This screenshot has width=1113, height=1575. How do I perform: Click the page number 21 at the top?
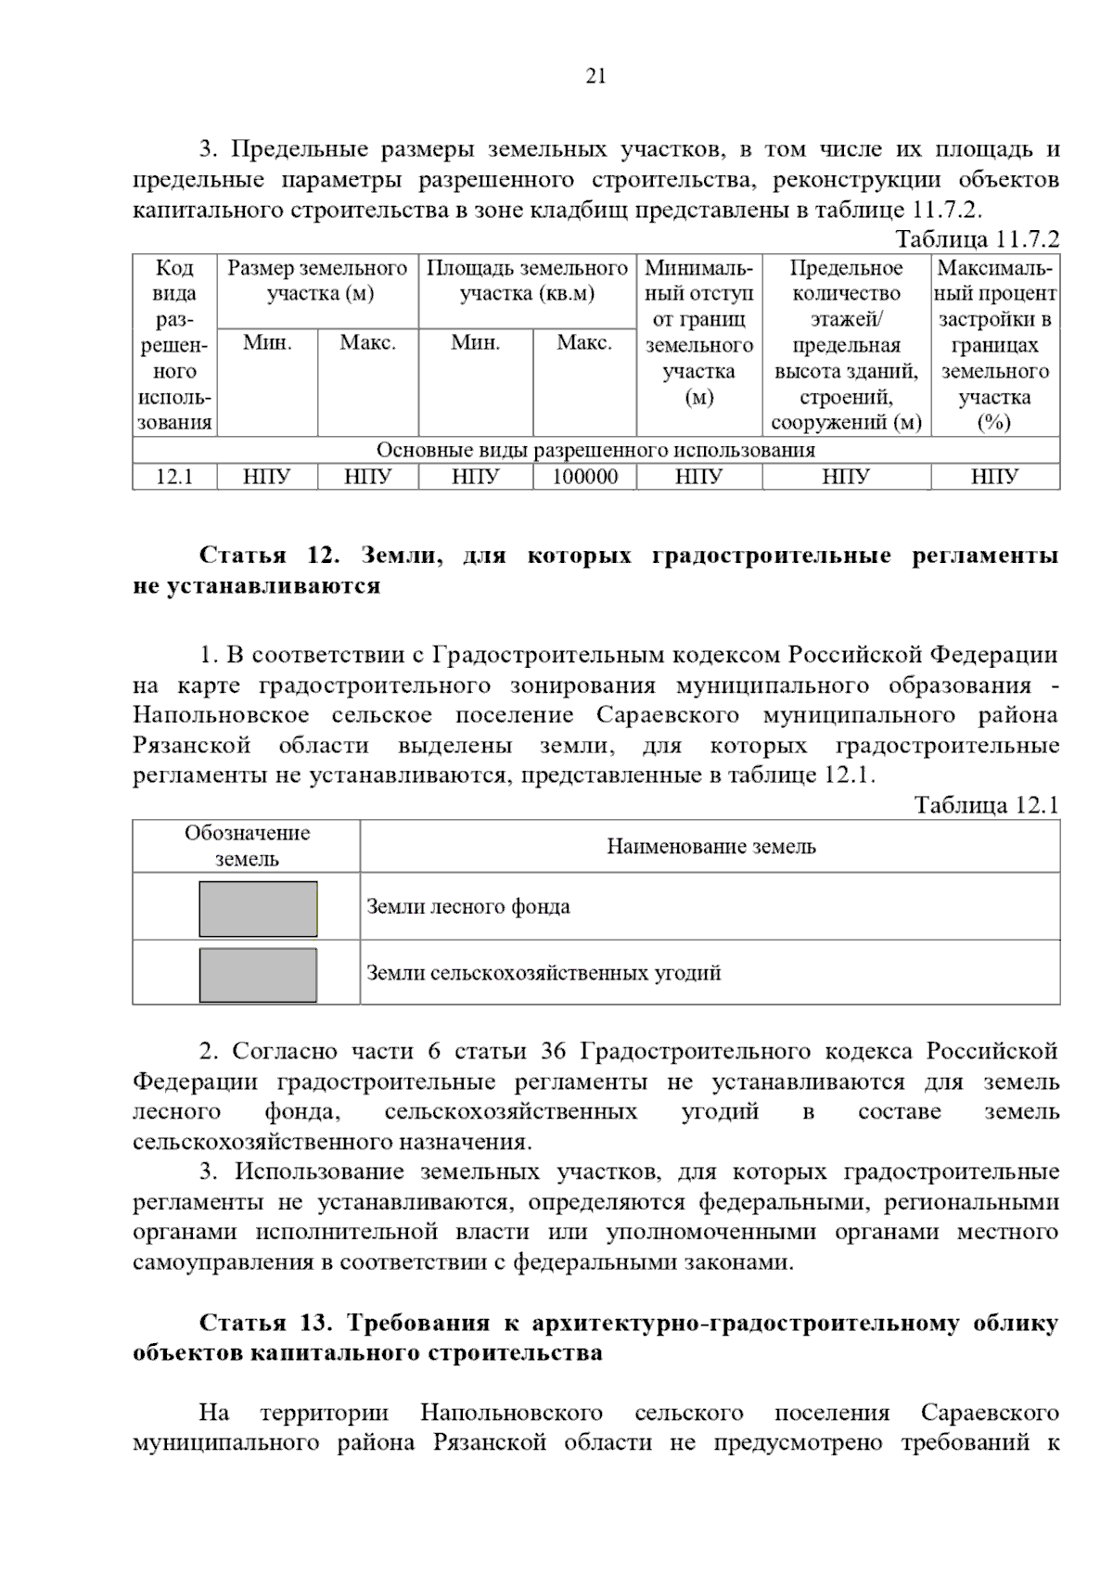coord(595,77)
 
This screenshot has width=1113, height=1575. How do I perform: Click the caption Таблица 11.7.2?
coord(976,239)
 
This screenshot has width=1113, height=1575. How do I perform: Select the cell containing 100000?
coord(584,478)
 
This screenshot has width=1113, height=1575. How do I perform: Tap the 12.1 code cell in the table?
coord(174,478)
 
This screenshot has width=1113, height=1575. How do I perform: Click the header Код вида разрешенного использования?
coord(174,345)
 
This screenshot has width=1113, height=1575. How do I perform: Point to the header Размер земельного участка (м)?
coord(317,281)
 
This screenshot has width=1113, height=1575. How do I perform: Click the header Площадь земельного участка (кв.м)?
coord(527,281)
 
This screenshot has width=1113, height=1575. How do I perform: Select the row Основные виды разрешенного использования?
coord(595,451)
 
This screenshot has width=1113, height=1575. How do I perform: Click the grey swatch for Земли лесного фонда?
coord(258,909)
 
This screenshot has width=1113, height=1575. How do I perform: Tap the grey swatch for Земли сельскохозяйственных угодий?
coord(258,975)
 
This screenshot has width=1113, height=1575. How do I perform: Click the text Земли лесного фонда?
coord(468,907)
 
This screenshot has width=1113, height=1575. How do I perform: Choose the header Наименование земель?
coord(710,847)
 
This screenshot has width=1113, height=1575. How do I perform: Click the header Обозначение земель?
coord(247,846)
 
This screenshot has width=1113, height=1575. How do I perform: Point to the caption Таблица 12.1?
coord(986,805)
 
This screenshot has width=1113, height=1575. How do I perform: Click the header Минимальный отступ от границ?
coord(698,332)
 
